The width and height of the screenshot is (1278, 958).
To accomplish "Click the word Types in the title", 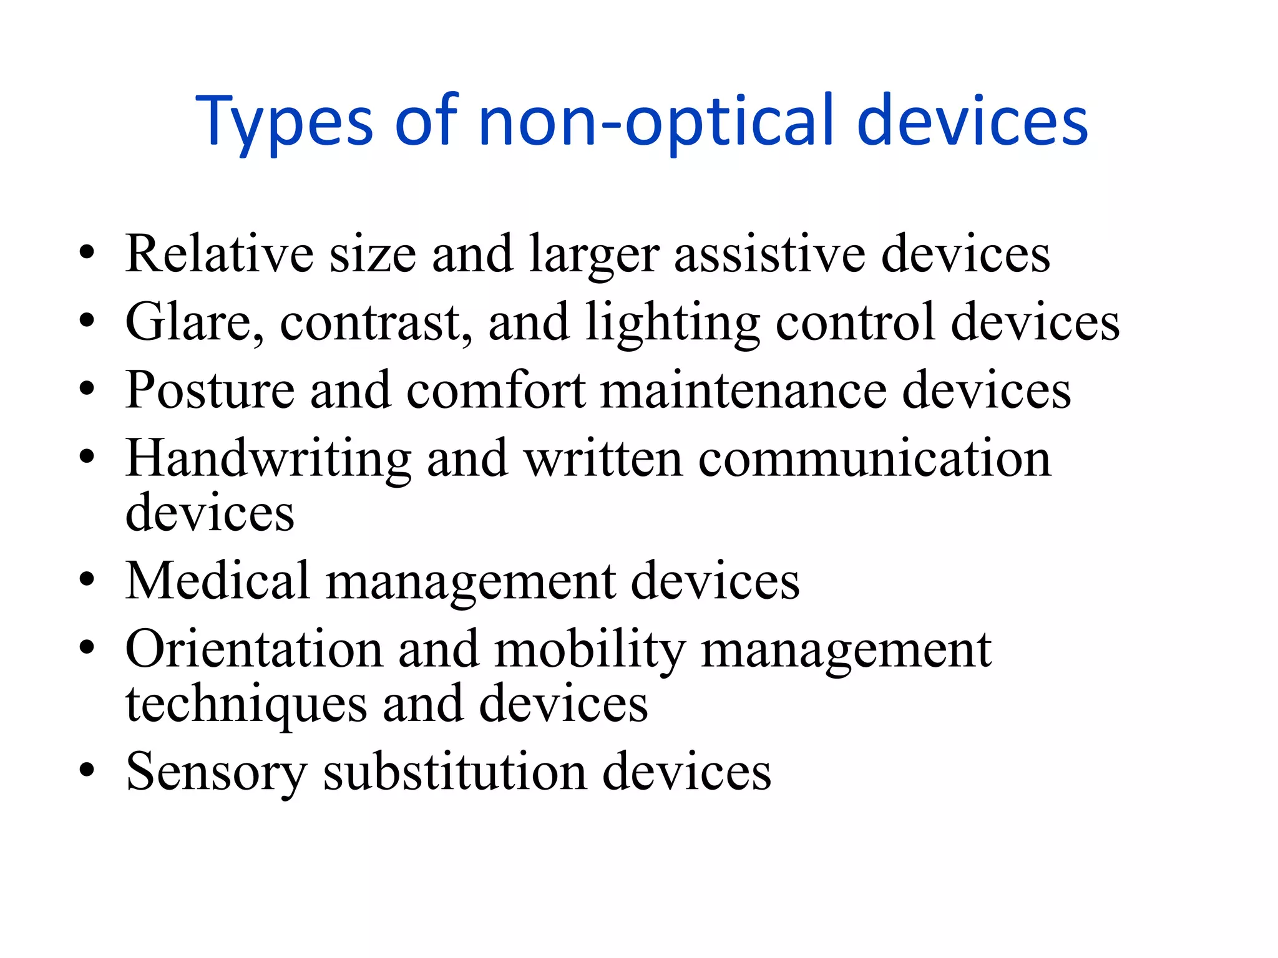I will tap(285, 122).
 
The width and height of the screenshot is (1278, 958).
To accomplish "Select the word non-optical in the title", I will tap(656, 122).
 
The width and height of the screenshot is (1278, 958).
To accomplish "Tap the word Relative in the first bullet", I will tap(219, 254).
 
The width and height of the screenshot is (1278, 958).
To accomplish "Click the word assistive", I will tap(769, 254).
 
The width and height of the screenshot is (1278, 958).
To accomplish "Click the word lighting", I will tap(673, 322).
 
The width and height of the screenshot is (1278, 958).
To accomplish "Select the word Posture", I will tap(210, 390).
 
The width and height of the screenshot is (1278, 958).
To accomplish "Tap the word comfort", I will tap(496, 390).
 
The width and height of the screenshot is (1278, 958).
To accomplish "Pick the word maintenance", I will tap(743, 390).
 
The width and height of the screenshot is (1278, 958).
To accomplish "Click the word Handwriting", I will tap(268, 459).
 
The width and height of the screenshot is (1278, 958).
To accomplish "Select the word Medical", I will tap(218, 581).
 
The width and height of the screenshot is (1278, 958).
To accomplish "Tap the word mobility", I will tap(590, 650).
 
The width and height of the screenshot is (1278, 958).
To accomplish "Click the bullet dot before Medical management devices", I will tap(87, 580).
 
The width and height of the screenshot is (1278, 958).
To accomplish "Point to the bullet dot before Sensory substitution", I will tap(87, 772).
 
